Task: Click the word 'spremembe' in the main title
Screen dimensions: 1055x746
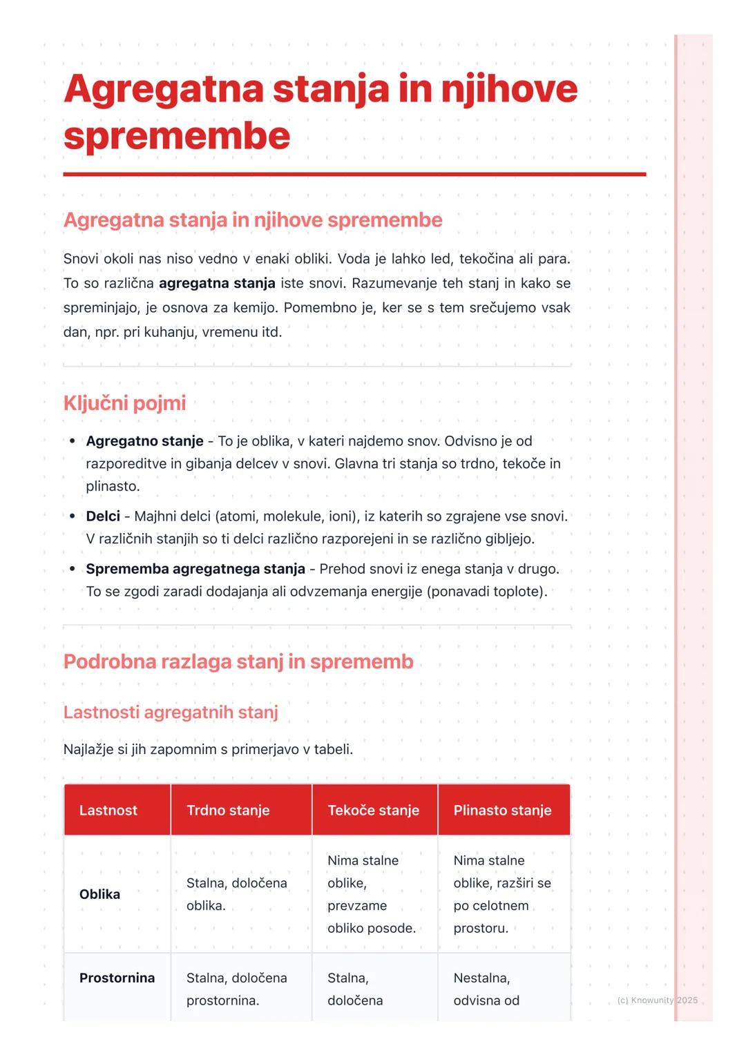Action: click(177, 136)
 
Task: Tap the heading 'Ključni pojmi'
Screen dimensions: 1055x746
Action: click(124, 403)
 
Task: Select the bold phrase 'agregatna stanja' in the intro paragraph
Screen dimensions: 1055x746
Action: click(217, 283)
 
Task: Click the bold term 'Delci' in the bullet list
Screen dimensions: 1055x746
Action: click(103, 516)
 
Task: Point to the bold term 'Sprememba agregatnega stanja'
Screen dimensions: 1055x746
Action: click(195, 569)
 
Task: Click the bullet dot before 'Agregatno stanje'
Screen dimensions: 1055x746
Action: click(72, 441)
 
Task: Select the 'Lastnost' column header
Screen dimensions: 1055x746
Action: click(108, 810)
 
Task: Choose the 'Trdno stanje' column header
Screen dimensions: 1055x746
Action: click(228, 810)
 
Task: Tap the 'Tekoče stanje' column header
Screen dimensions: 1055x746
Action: click(373, 810)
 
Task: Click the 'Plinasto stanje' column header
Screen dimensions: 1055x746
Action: click(502, 810)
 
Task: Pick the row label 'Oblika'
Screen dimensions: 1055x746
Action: click(99, 894)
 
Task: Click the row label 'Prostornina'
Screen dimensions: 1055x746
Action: click(117, 978)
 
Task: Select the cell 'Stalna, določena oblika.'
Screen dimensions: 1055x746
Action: click(236, 894)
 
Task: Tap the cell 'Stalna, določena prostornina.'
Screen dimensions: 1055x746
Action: click(236, 989)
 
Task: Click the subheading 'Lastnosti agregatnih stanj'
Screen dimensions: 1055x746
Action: click(171, 712)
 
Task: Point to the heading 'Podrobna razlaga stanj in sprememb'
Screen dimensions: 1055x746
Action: click(238, 661)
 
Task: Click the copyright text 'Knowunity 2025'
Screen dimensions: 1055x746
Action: click(664, 1000)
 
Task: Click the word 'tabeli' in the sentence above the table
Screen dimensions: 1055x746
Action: click(332, 749)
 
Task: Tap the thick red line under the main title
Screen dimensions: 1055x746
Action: click(354, 175)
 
